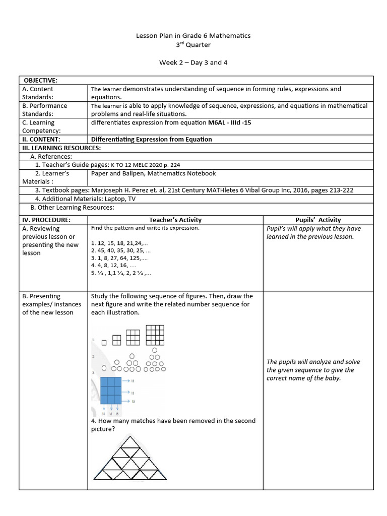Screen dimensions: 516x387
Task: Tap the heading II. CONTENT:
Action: click(41, 139)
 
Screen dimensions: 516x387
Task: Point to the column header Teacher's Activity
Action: click(175, 220)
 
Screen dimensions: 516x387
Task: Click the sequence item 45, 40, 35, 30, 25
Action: click(121, 250)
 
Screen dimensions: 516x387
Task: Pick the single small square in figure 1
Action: click(104, 343)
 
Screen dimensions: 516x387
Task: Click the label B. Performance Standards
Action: click(45, 110)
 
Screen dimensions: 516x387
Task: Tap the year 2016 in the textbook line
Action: click(287, 190)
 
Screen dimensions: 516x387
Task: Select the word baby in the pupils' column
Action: click(332, 378)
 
